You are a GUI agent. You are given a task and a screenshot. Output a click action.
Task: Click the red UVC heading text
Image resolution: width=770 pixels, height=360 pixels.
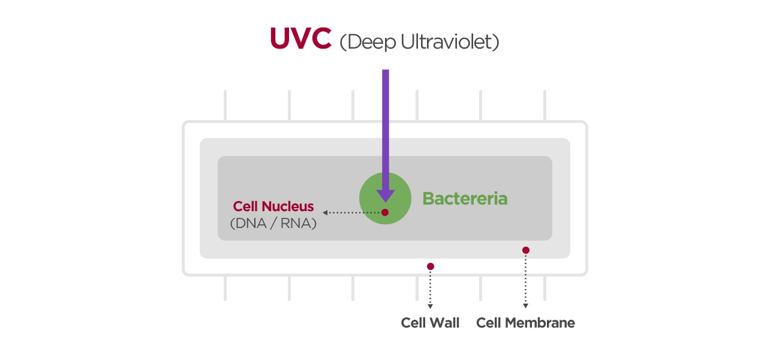300,39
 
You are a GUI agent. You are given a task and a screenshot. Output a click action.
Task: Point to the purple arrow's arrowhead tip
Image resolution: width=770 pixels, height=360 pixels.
385,200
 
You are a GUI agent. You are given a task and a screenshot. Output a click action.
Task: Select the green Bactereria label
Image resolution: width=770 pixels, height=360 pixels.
465,199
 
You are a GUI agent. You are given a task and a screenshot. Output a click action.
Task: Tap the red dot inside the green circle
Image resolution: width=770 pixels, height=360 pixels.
385,212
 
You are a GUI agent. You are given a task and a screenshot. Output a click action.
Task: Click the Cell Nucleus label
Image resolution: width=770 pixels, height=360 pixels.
273,206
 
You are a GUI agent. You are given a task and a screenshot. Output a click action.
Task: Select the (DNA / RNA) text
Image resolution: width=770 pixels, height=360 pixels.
273,223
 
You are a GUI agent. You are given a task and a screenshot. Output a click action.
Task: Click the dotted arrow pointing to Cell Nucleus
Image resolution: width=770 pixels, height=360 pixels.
351,212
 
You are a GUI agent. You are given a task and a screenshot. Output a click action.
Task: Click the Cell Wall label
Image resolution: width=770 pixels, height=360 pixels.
430,323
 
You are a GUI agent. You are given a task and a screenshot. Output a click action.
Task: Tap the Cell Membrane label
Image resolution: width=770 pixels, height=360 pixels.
525,323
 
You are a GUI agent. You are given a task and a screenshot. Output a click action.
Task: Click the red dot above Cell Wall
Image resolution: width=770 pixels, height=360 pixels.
430,266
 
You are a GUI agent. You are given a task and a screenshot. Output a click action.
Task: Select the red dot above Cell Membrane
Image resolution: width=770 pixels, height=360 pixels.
526,250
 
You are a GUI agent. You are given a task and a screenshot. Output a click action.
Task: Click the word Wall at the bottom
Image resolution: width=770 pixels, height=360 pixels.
444,323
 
